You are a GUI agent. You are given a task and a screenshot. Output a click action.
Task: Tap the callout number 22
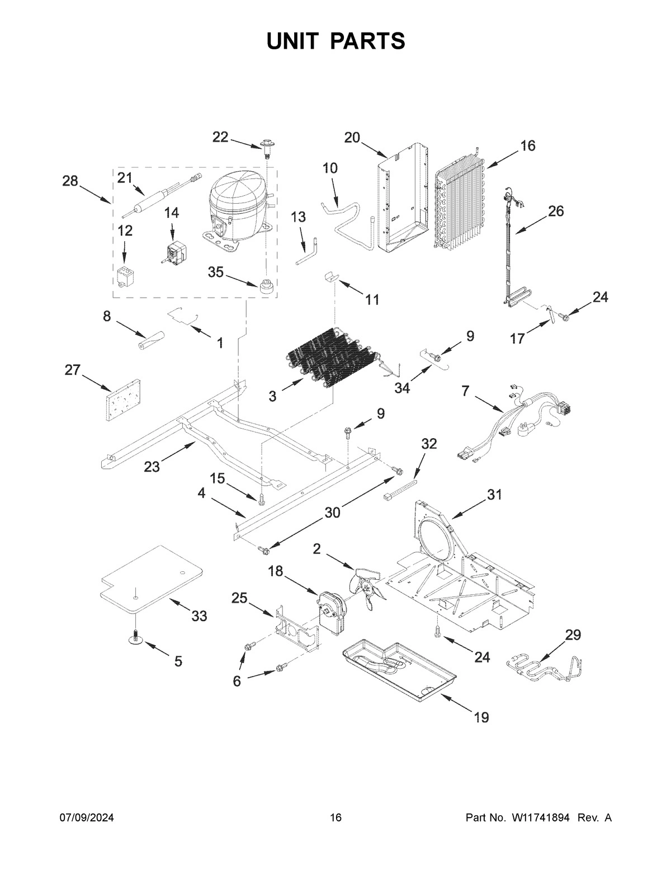(x=220, y=137)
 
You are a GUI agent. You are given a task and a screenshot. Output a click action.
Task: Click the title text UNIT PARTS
(x=335, y=41)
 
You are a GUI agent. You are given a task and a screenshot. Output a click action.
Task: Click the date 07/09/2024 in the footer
(x=87, y=818)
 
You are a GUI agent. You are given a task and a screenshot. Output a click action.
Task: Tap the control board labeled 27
(x=121, y=400)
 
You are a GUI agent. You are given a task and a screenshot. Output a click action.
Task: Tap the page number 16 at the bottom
(x=335, y=818)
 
